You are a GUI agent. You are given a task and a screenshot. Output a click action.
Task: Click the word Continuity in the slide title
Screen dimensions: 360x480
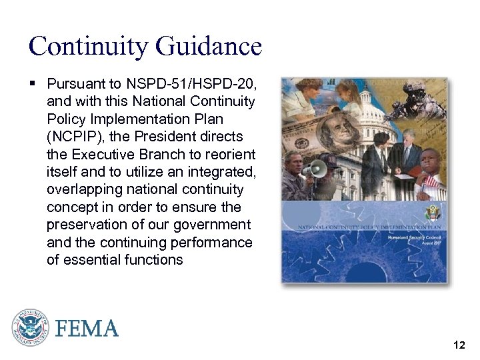click(89, 47)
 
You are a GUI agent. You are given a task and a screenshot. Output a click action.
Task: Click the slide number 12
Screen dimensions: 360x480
click(459, 345)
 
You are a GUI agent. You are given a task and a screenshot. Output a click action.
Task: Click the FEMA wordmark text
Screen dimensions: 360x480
click(87, 329)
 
